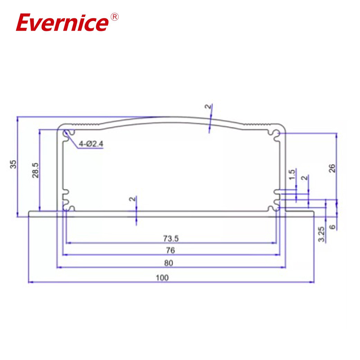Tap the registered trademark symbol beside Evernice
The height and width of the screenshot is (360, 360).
(114, 17)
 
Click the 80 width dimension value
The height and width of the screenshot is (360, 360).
(171, 263)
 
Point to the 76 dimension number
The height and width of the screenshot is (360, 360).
(171, 250)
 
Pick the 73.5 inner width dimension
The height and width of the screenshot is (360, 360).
(171, 238)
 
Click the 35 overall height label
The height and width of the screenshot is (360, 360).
(13, 164)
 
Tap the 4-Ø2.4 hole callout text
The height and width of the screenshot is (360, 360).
(91, 144)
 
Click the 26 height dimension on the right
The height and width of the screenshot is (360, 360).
(332, 168)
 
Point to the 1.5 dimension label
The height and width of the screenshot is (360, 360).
(292, 175)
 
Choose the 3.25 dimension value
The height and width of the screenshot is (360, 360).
(321, 234)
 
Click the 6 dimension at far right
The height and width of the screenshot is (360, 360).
(332, 227)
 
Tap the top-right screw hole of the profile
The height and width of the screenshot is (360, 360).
(275, 133)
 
